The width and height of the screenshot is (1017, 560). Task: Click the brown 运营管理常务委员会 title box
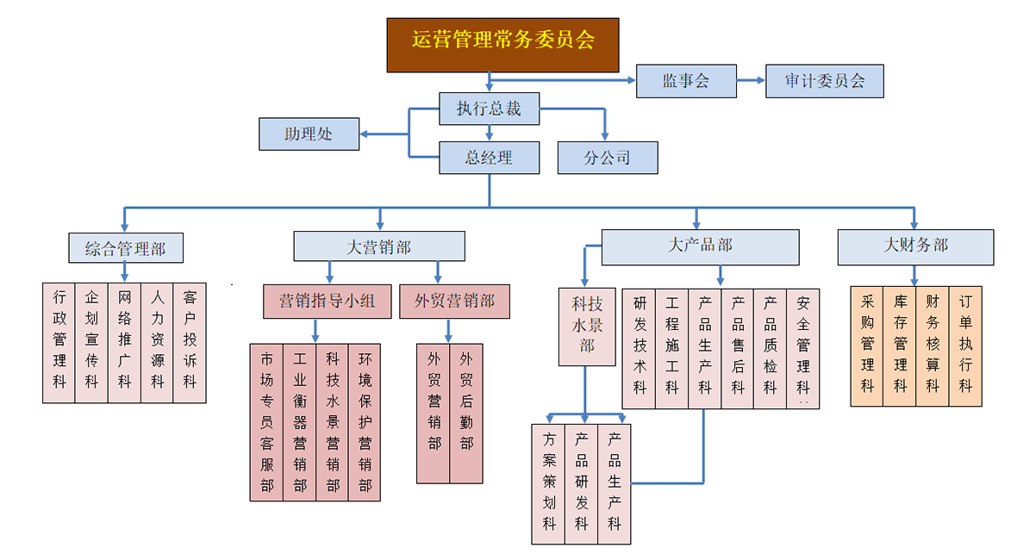502,44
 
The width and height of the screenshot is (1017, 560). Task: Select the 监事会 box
686,81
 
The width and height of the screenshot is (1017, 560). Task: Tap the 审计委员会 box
824,81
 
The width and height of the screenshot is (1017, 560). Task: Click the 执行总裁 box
489,109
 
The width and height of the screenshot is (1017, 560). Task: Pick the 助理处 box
309,134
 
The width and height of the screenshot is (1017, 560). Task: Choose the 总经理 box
489,158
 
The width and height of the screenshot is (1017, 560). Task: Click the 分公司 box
607,158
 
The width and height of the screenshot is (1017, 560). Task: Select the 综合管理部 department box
125,248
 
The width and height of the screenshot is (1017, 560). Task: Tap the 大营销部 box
378,246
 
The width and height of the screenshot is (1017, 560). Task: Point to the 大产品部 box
700,246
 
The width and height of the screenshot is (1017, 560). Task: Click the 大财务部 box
915,246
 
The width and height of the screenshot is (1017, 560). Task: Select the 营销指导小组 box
327,301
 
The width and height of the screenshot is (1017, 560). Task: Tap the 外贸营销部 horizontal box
454,301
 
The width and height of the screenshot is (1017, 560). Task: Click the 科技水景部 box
587,325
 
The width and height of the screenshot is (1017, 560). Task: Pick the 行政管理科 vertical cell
59,342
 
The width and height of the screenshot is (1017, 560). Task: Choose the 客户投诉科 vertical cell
190,342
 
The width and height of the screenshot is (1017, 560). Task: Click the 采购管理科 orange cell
867,345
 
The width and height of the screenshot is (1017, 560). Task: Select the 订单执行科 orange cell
965,345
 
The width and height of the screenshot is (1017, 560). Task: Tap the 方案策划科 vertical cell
549,483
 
